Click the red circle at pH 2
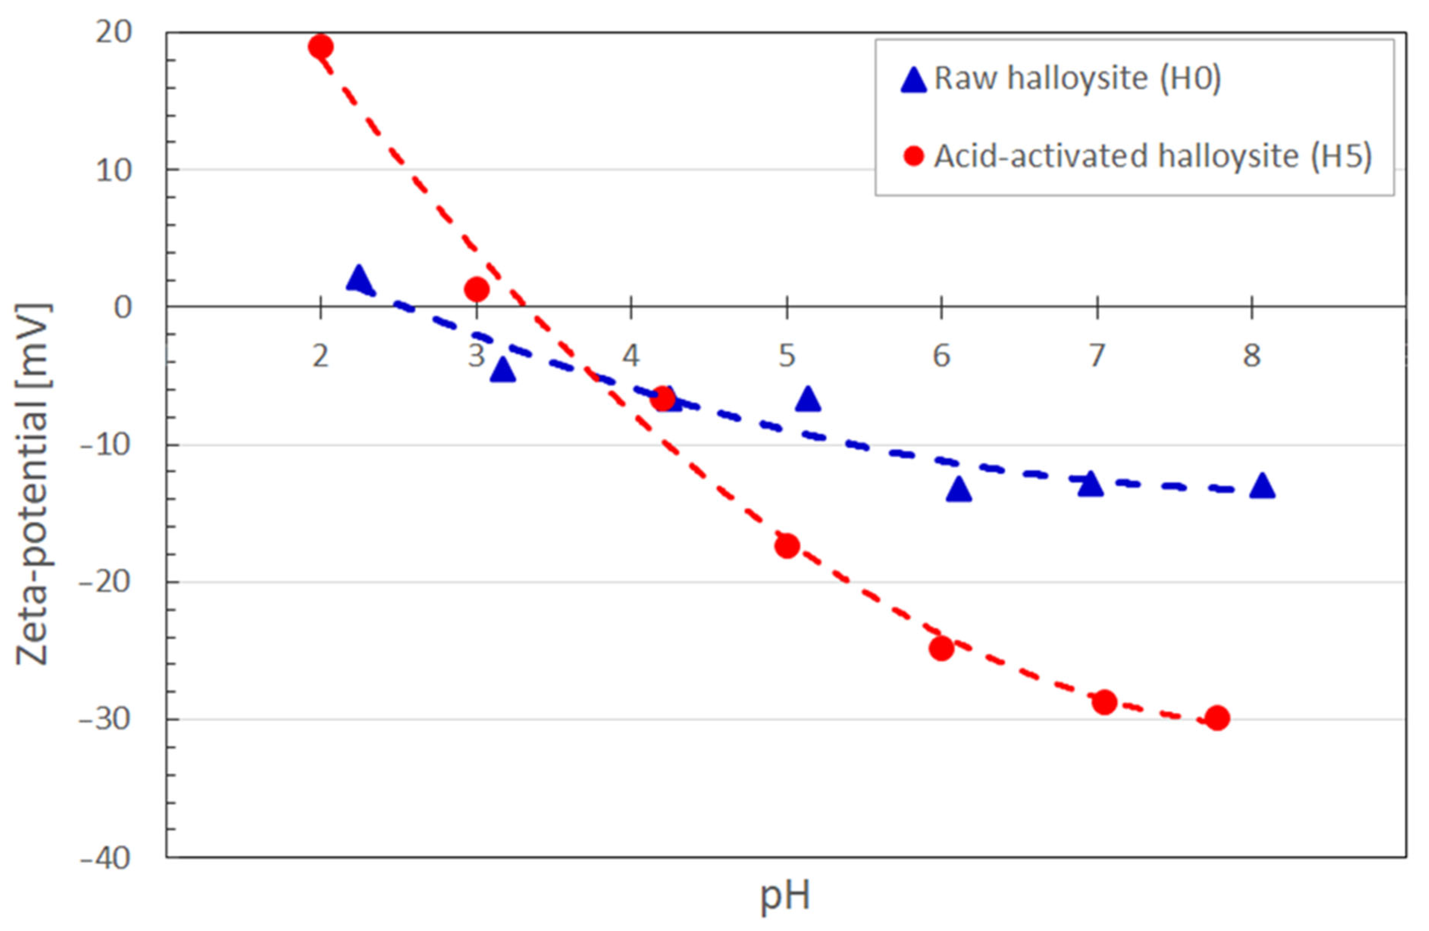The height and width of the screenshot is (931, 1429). (321, 46)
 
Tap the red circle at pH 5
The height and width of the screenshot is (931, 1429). (787, 546)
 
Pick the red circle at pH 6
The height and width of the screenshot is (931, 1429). (941, 648)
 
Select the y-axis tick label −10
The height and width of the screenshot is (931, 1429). (105, 445)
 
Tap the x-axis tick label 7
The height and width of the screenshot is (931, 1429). (1097, 356)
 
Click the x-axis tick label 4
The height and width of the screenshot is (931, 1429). (631, 356)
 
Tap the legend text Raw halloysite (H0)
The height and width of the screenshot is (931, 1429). (1078, 78)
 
